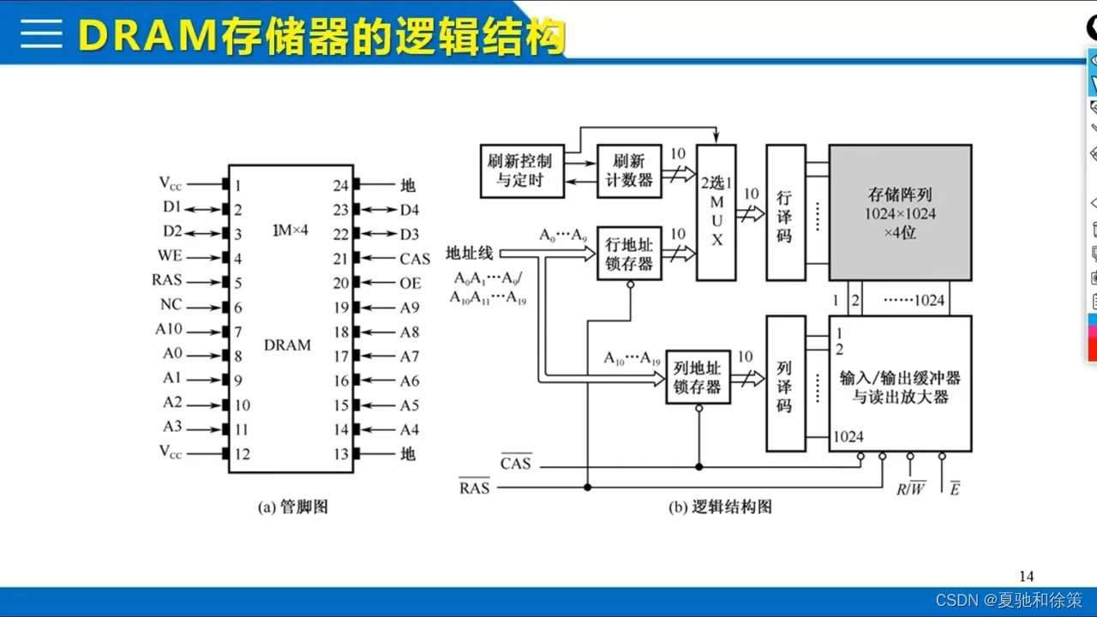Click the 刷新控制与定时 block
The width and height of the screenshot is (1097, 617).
(522, 171)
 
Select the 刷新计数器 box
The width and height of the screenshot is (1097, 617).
(629, 171)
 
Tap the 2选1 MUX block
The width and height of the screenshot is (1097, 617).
(716, 212)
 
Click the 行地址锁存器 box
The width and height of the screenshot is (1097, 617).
(629, 254)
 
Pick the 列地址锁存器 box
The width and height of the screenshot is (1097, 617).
(698, 377)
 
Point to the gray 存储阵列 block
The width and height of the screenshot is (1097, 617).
(900, 213)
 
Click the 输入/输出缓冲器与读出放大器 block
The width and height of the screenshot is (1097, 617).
(900, 383)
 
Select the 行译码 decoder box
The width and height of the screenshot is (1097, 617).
(785, 213)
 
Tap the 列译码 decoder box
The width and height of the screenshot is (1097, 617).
(785, 383)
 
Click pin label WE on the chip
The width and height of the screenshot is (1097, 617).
(170, 256)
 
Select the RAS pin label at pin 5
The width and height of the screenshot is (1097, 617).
(167, 280)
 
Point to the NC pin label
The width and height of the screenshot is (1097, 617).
(171, 305)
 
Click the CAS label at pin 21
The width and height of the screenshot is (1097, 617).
(415, 258)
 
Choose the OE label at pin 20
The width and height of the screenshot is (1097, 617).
(411, 283)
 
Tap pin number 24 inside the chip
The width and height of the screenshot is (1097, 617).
(341, 185)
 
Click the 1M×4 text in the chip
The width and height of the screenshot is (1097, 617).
(290, 230)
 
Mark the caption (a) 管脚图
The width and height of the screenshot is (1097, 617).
(293, 506)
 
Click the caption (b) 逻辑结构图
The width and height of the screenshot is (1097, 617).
(720, 506)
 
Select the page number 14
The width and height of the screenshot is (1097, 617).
(1027, 576)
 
